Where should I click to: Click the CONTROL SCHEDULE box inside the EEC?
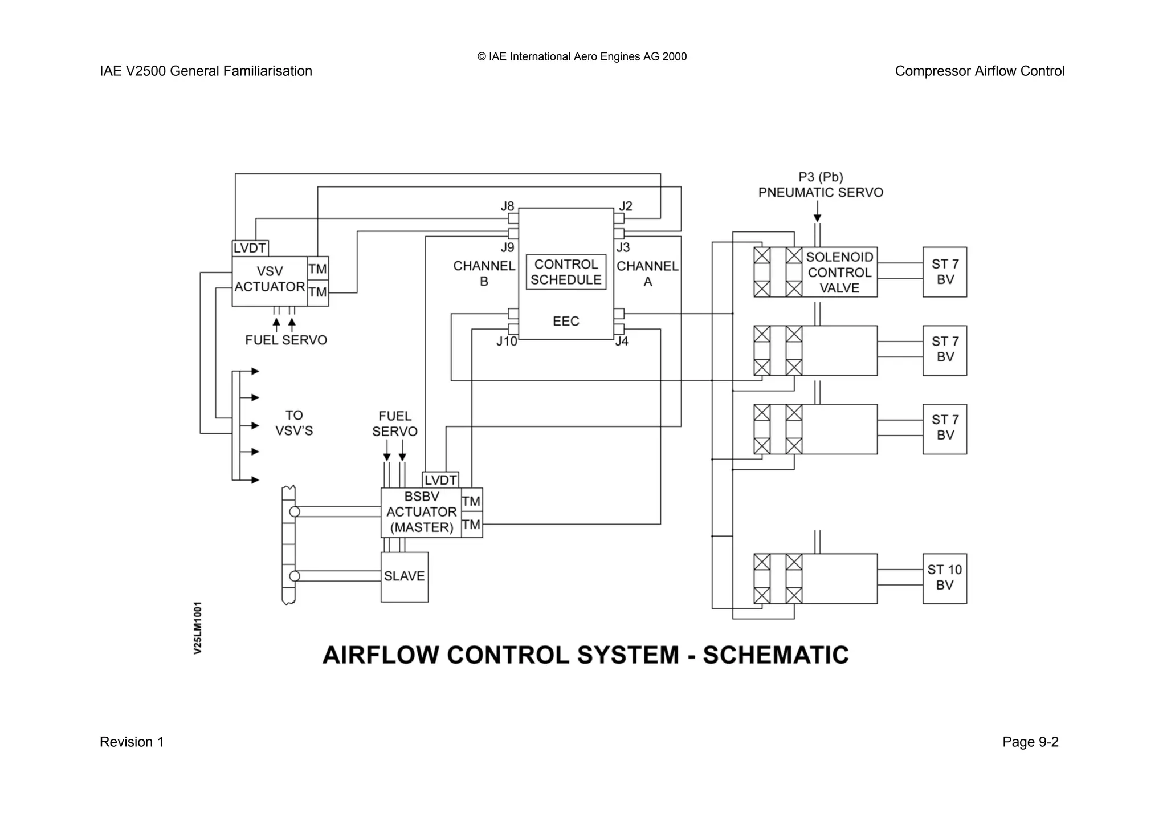pyautogui.click(x=565, y=272)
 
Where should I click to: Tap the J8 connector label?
pyautogui.click(x=507, y=206)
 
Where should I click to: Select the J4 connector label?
pyautogui.click(x=622, y=341)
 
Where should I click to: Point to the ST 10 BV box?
pyautogui.click(x=944, y=578)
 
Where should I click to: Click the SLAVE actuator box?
pyautogui.click(x=404, y=576)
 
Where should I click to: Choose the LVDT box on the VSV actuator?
pyautogui.click(x=250, y=248)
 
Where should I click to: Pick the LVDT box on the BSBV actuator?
pyautogui.click(x=440, y=480)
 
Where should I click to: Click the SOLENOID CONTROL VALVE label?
pyautogui.click(x=839, y=273)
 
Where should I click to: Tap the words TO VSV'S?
pyautogui.click(x=294, y=423)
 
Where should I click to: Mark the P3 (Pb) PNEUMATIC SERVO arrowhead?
pyautogui.click(x=817, y=218)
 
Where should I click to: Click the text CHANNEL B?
pyautogui.click(x=484, y=274)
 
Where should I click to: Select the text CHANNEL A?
pyautogui.click(x=647, y=274)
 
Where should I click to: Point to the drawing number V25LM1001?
pyautogui.click(x=198, y=627)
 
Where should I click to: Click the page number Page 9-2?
pyautogui.click(x=1030, y=742)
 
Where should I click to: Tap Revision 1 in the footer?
pyautogui.click(x=132, y=742)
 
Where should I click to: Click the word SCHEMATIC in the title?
pyautogui.click(x=776, y=655)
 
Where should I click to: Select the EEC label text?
pyautogui.click(x=565, y=321)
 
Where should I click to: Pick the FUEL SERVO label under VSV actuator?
pyautogui.click(x=286, y=340)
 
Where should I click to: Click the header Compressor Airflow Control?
pyautogui.click(x=979, y=71)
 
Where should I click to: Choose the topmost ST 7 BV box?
pyautogui.click(x=944, y=272)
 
